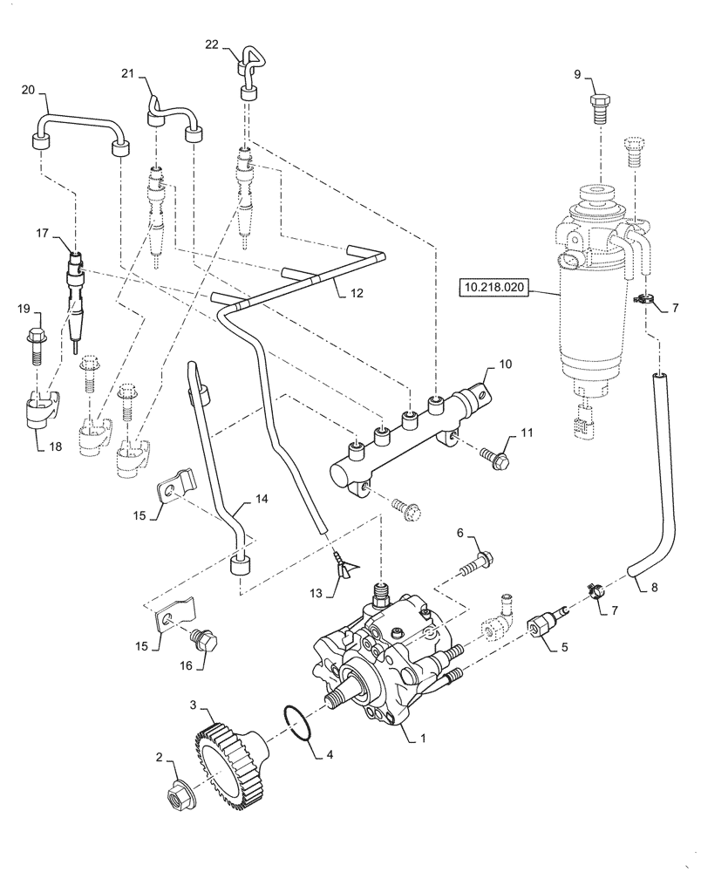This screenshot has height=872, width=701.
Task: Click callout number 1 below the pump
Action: coord(424,739)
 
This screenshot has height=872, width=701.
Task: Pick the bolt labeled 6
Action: coord(473,558)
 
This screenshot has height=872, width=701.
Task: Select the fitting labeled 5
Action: coord(538,624)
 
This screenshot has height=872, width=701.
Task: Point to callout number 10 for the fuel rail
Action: coord(507,363)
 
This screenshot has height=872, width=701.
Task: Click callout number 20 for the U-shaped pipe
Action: coord(27,90)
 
